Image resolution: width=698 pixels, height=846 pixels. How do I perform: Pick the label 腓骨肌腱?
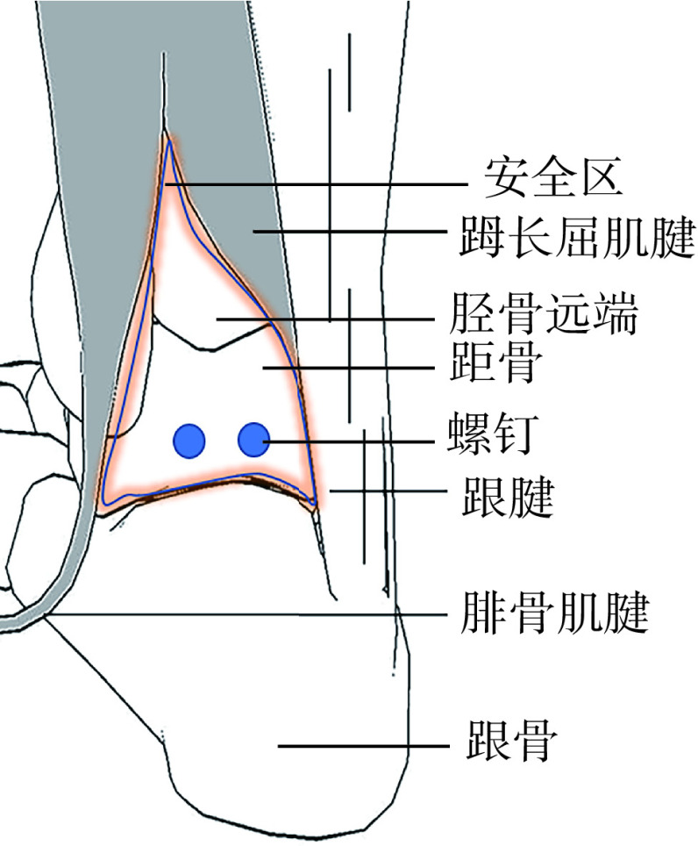(553, 615)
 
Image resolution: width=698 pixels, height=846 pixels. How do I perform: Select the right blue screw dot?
(254, 439)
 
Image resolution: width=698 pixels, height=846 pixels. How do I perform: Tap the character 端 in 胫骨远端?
(614, 315)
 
